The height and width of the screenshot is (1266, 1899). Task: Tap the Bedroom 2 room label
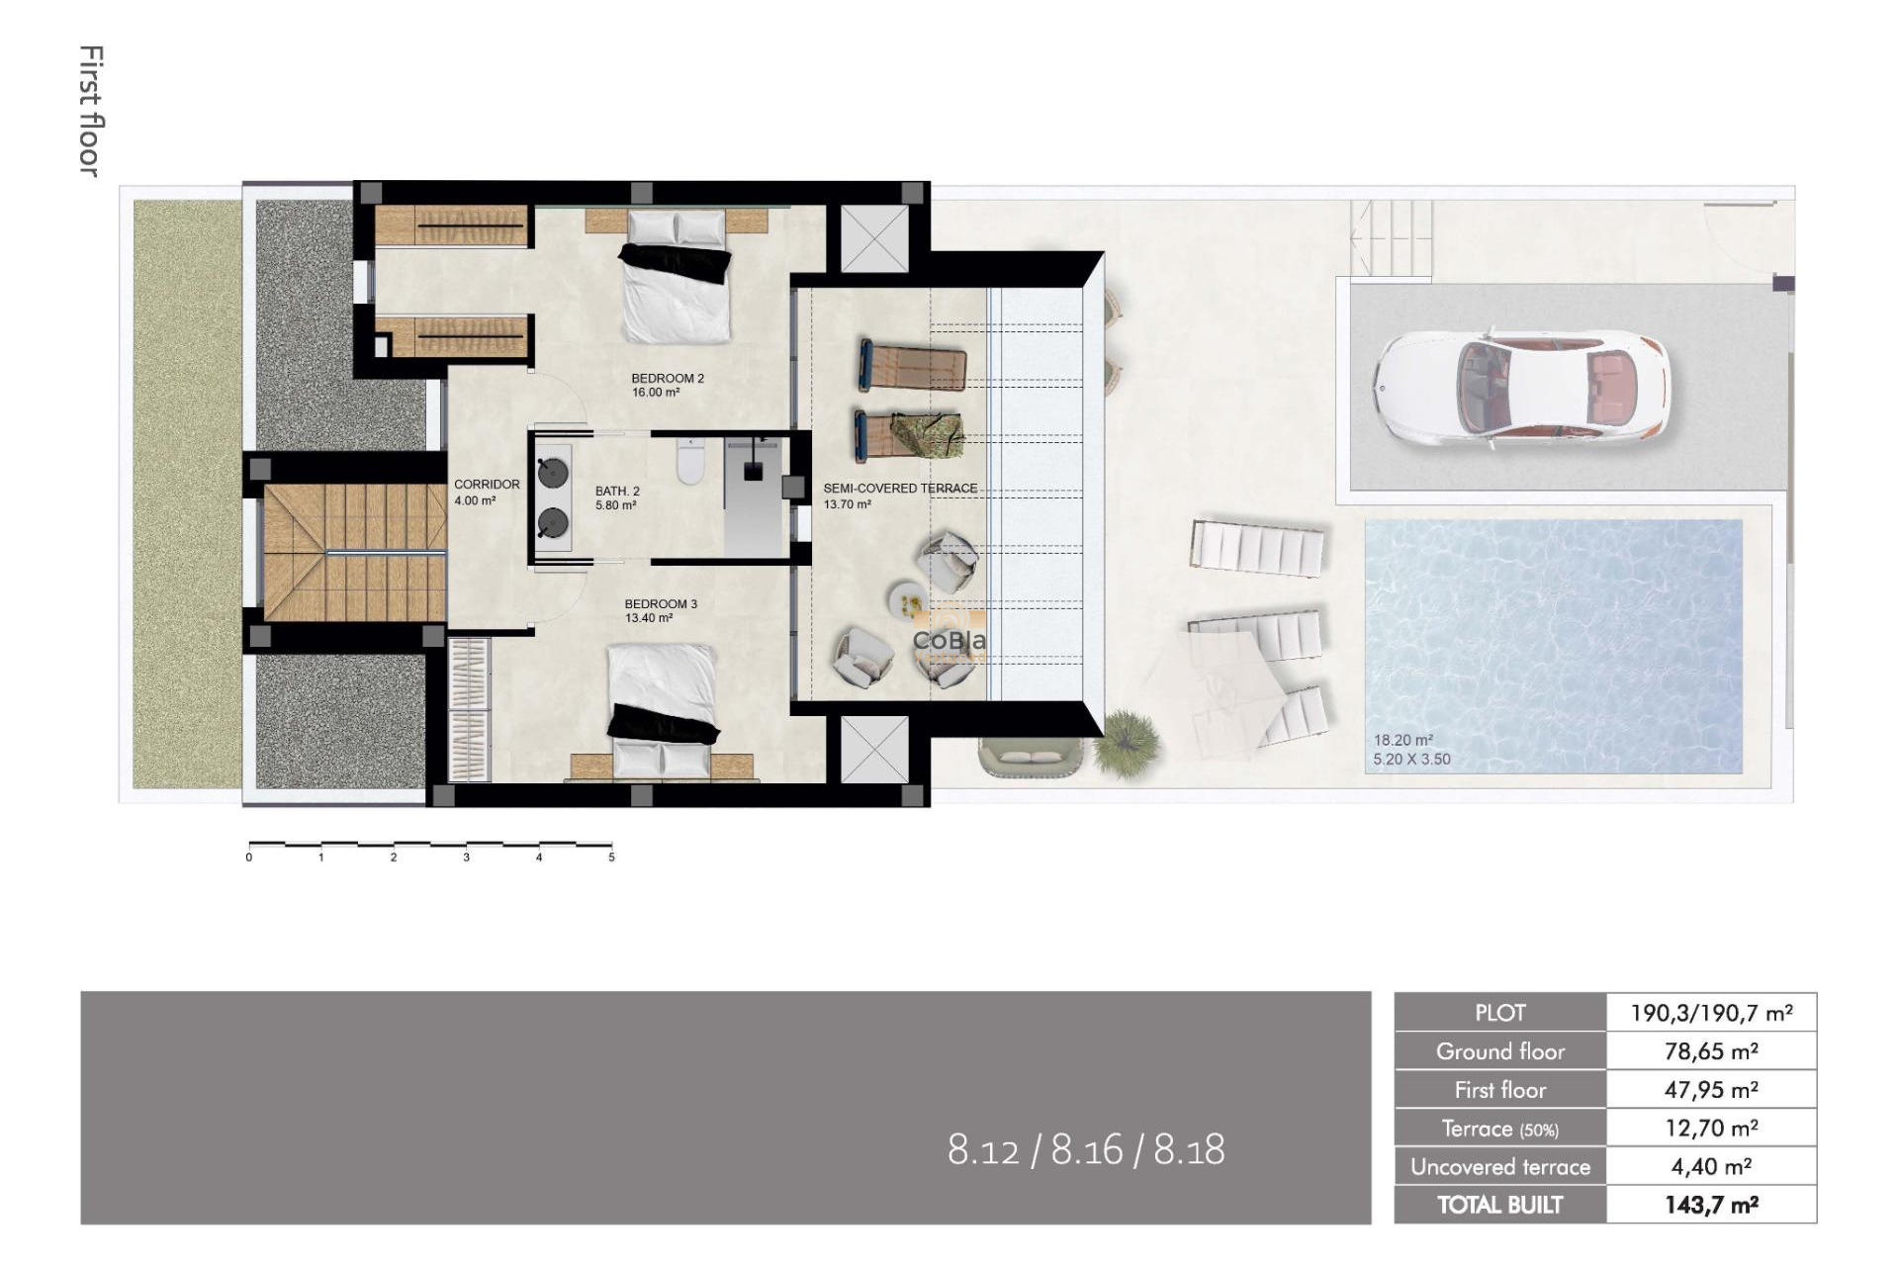[x=668, y=385]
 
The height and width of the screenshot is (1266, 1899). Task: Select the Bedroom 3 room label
[x=661, y=610]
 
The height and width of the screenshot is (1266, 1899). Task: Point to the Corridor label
[x=487, y=492]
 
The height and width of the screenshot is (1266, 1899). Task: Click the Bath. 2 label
[x=617, y=497]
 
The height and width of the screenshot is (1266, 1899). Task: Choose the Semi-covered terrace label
[x=900, y=496]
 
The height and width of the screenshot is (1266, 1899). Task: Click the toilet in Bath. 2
[x=689, y=462]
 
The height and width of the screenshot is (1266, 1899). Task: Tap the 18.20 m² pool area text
[x=1402, y=740]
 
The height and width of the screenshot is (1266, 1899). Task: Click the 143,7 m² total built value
[x=1710, y=1205]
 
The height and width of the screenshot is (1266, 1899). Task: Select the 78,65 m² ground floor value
[x=1710, y=1051]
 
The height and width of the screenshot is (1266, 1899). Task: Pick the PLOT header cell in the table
[x=1499, y=1013]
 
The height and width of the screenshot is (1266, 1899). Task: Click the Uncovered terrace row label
[x=1499, y=1167]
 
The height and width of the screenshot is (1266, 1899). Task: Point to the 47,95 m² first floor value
[x=1710, y=1090]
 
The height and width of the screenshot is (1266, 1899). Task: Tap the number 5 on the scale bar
[x=611, y=858]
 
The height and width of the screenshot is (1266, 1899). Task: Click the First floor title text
[x=91, y=111]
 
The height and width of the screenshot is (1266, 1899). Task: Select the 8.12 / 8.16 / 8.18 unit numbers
[x=1085, y=1150]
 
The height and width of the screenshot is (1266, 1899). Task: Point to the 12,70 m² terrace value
[x=1710, y=1129]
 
